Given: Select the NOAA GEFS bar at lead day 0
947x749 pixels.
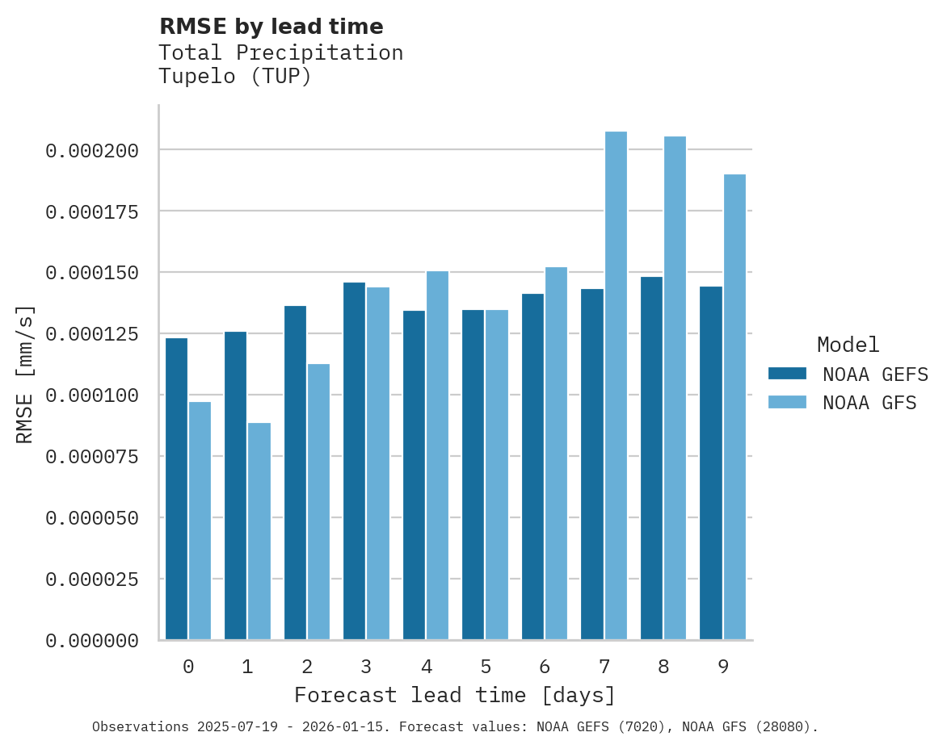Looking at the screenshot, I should [176, 489].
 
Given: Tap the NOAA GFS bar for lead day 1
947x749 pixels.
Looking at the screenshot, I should [259, 531].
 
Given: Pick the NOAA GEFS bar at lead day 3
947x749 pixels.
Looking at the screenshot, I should [354, 461].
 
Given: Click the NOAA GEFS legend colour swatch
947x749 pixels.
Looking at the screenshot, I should [787, 373].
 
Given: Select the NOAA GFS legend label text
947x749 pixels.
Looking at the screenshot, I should [869, 403].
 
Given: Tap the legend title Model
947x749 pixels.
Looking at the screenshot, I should [848, 345].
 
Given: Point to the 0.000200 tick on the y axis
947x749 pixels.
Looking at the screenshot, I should [92, 150].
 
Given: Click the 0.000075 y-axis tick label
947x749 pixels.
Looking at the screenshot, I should [92, 457].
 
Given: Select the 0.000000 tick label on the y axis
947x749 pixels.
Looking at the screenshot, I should [92, 641].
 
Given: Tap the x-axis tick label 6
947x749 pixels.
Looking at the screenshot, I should [545, 667].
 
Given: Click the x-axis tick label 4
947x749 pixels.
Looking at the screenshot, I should [426, 667].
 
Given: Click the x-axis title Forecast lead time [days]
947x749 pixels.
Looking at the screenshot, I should [455, 695].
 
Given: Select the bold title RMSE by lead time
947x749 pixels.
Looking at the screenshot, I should [271, 27].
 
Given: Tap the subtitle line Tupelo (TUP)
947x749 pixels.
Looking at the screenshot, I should [234, 77].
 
